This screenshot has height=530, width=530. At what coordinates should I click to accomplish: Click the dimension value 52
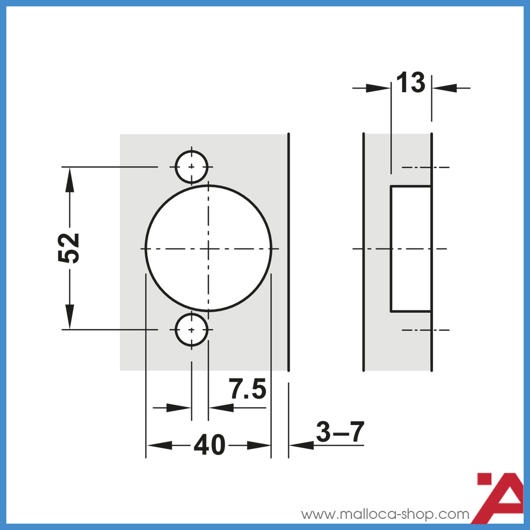(69, 248)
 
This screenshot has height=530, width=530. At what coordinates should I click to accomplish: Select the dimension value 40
(209, 445)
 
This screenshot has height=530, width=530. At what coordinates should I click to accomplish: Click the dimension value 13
(411, 83)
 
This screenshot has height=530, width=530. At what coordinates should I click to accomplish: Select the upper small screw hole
(191, 167)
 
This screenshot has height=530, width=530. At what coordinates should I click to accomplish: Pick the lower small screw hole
(191, 330)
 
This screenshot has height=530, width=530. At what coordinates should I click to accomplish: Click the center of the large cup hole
(208, 248)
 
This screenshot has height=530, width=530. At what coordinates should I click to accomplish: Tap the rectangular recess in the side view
(411, 248)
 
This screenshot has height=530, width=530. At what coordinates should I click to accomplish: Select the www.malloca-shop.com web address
(385, 514)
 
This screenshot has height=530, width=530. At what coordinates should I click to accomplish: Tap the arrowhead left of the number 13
(378, 88)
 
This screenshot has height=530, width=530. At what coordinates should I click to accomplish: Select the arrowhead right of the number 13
(444, 88)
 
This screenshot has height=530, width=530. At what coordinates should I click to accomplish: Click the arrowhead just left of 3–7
(302, 446)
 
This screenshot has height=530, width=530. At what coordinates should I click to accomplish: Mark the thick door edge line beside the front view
(288, 252)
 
